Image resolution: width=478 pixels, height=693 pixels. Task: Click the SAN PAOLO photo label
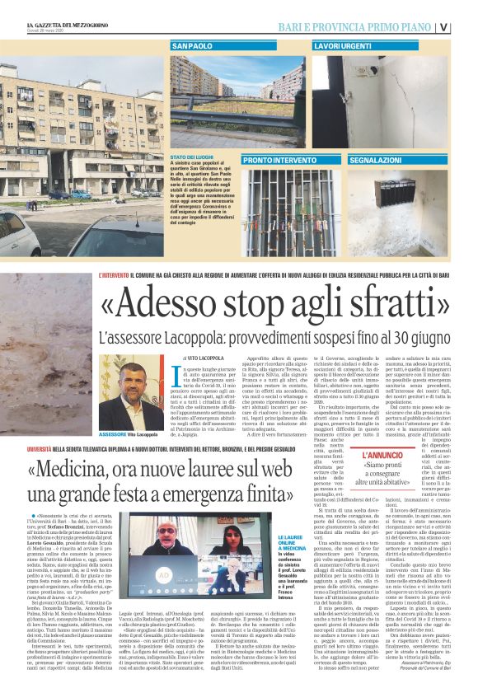click(x=194, y=46)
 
